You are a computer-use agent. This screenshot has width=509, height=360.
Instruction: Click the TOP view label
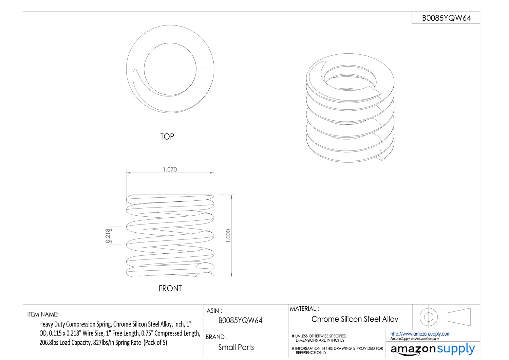click(167, 137)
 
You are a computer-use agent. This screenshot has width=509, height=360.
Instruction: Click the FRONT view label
click(170, 288)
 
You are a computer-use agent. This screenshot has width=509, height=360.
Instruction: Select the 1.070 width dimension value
click(170, 169)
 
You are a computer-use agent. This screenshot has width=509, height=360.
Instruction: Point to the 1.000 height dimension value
click(228, 236)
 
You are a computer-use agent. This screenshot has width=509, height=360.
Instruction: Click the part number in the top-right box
click(446, 18)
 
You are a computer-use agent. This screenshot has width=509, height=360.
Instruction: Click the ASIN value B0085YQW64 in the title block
click(240, 320)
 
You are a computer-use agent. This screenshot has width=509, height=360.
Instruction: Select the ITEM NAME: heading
click(43, 314)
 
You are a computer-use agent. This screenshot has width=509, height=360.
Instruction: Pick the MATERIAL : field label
click(304, 309)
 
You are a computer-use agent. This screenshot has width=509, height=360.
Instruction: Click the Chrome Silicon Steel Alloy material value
click(355, 319)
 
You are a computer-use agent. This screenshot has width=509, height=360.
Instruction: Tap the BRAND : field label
click(216, 337)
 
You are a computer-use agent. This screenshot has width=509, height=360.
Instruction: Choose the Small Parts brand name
click(236, 347)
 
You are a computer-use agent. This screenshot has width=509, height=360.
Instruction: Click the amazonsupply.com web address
click(420, 334)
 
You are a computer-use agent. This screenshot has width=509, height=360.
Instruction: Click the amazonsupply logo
click(433, 349)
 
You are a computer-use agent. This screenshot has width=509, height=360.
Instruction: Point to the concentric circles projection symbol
click(428, 317)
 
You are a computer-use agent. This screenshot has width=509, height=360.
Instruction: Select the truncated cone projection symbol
click(459, 317)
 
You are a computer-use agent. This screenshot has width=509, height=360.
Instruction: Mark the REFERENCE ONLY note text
click(311, 353)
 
